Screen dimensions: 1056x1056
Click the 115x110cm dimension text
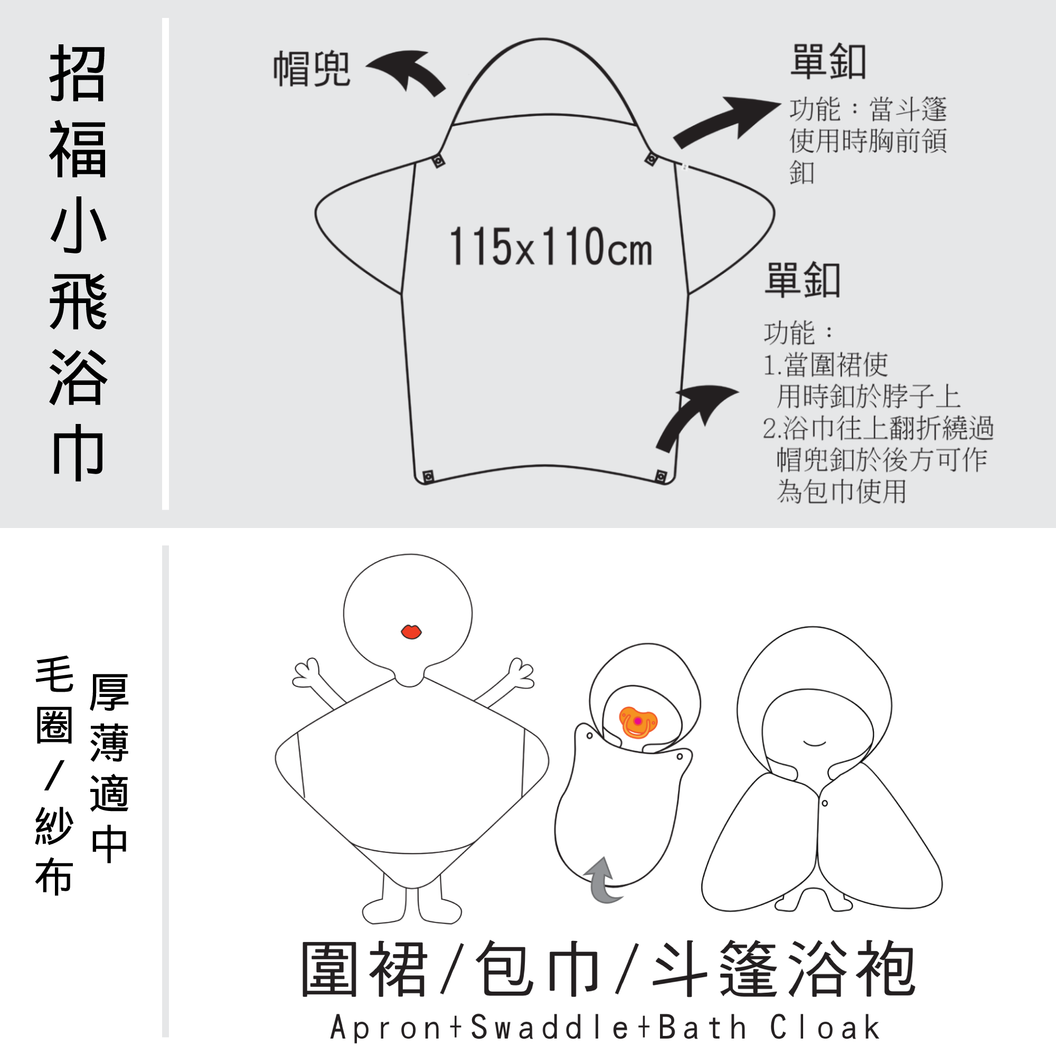coord(550,247)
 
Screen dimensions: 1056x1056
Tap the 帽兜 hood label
coord(312,69)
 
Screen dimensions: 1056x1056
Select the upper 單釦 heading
coord(828,61)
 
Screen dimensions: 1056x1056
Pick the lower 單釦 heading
coord(803,280)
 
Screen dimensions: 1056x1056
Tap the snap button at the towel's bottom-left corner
coord(429,477)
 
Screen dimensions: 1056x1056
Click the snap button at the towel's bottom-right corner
coord(662,477)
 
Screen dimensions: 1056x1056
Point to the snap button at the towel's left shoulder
coord(438,161)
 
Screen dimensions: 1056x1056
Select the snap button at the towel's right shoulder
coord(651,159)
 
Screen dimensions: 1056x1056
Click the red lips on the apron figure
coord(411,632)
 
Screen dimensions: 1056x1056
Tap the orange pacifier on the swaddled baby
coord(637,722)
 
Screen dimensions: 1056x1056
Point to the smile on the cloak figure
coord(814,743)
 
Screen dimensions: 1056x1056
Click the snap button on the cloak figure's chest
coord(825,803)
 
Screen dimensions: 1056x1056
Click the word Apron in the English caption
coord(386,1027)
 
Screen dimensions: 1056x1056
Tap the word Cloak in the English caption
coord(825,1027)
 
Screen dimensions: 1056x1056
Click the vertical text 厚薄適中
coord(109,768)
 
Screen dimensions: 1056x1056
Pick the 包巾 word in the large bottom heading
coord(539,968)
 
